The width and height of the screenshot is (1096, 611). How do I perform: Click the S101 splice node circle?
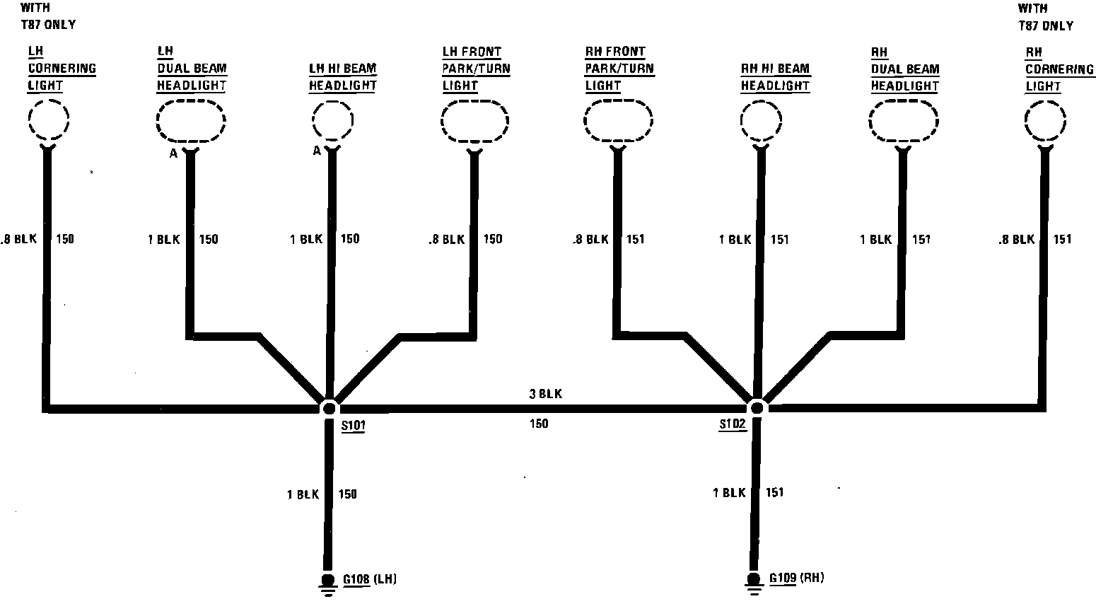click(329, 408)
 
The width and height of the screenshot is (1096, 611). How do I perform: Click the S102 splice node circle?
click(757, 408)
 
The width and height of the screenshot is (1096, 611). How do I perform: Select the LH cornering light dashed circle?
click(48, 119)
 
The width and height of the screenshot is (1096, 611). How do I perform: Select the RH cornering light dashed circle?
click(1045, 120)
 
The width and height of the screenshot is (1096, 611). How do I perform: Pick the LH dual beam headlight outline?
click(191, 120)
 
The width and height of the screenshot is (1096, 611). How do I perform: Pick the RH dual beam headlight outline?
click(902, 120)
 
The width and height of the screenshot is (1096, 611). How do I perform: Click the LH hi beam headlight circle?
click(332, 120)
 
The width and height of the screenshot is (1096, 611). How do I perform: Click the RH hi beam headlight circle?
click(761, 120)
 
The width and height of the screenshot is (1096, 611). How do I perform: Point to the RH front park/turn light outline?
click(617, 120)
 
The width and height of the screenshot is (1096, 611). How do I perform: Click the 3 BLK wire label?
click(546, 394)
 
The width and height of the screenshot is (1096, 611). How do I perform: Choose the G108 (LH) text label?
click(370, 580)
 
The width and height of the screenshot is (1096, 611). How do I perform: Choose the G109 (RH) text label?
click(796, 578)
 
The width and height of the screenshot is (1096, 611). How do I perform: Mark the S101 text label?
click(353, 426)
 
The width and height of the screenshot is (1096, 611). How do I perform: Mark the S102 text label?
click(733, 424)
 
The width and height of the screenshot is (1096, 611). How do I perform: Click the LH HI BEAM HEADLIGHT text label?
click(343, 77)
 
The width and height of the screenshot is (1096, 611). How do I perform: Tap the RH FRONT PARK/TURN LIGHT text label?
click(619, 69)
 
